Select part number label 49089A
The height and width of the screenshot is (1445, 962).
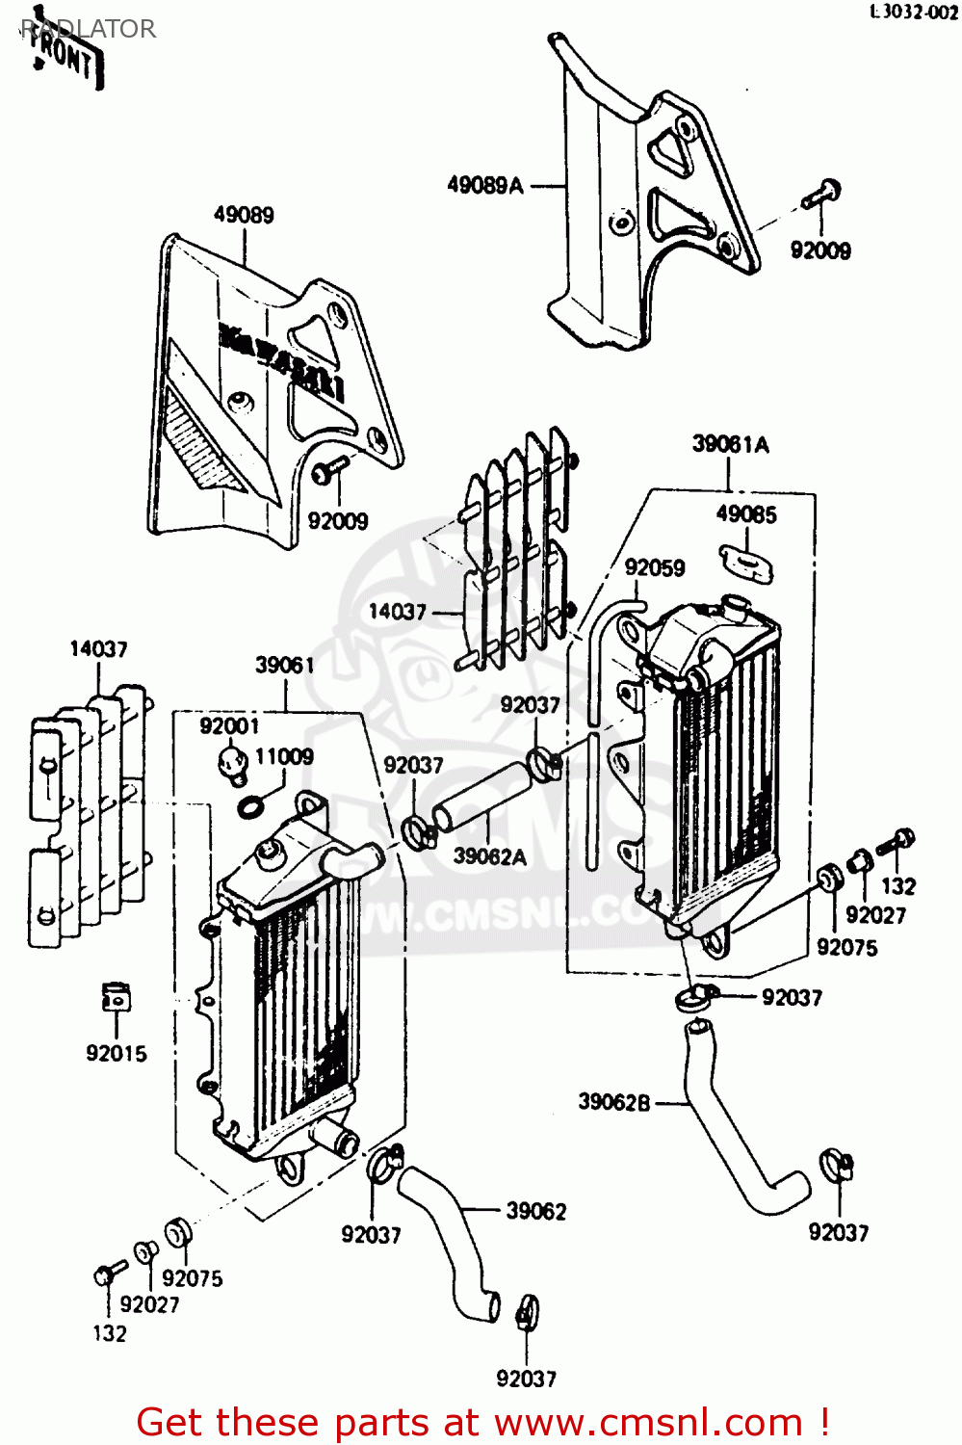pyautogui.click(x=484, y=185)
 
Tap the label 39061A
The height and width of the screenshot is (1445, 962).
pyautogui.click(x=730, y=444)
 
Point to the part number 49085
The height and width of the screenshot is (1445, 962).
pyautogui.click(x=745, y=514)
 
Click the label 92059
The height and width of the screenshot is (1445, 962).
pyautogui.click(x=655, y=568)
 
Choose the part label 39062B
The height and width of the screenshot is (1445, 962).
pyautogui.click(x=614, y=1102)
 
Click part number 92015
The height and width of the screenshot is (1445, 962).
pyautogui.click(x=117, y=1054)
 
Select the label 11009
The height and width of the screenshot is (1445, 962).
pyautogui.click(x=284, y=757)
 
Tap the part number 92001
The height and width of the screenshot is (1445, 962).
pyautogui.click(x=229, y=726)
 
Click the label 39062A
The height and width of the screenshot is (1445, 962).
pyautogui.click(x=489, y=856)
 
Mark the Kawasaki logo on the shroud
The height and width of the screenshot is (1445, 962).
pyautogui.click(x=284, y=361)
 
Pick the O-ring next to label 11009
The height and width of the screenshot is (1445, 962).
pyautogui.click(x=249, y=805)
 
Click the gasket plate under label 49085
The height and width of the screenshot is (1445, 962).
pyautogui.click(x=746, y=563)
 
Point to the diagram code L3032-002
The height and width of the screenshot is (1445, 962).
pyautogui.click(x=914, y=13)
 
